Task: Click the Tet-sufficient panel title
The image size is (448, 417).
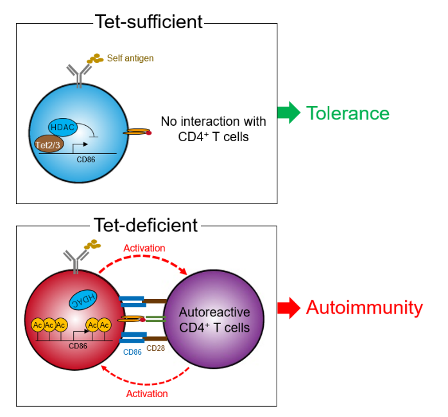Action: pyautogui.click(x=148, y=22)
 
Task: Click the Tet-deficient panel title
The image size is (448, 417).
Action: pyautogui.click(x=146, y=225)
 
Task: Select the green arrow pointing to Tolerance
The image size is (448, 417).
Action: pyautogui.click(x=288, y=113)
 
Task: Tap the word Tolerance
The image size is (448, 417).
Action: pyautogui.click(x=348, y=114)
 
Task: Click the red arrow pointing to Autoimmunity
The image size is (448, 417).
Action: pyautogui.click(x=288, y=309)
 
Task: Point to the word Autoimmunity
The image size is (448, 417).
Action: pyautogui.click(x=364, y=308)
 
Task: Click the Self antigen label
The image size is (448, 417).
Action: pyautogui.click(x=130, y=58)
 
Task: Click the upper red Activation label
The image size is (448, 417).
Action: pyautogui.click(x=145, y=248)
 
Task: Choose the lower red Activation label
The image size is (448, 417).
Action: pyautogui.click(x=147, y=393)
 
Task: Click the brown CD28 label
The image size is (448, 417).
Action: pyautogui.click(x=155, y=348)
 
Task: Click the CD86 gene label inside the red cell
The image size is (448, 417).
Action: pyautogui.click(x=77, y=346)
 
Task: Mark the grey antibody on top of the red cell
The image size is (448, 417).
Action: pyautogui.click(x=75, y=260)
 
